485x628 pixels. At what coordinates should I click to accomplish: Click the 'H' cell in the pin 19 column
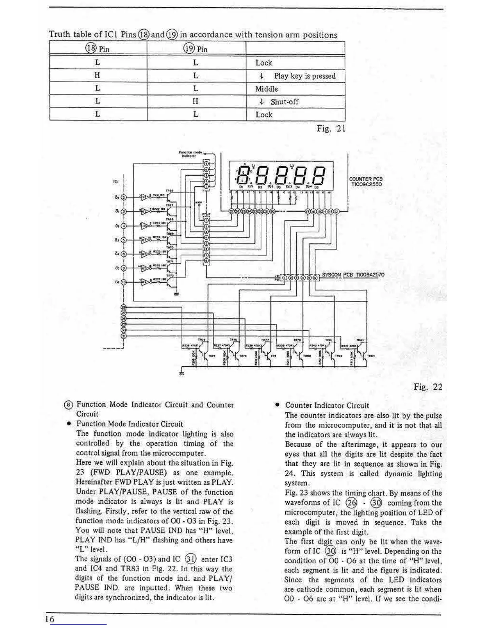(x=195, y=101)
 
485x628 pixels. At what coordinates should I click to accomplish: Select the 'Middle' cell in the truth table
(x=266, y=89)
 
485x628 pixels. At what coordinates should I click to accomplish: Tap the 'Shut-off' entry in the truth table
(x=284, y=102)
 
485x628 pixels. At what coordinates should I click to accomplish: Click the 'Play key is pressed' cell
(x=304, y=76)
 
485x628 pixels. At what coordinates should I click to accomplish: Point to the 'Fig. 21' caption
(x=331, y=129)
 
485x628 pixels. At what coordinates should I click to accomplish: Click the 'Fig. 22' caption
(x=428, y=387)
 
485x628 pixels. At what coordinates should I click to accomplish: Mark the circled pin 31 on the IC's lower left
(x=124, y=336)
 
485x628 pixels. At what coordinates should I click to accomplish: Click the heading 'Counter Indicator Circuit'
(x=327, y=406)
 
